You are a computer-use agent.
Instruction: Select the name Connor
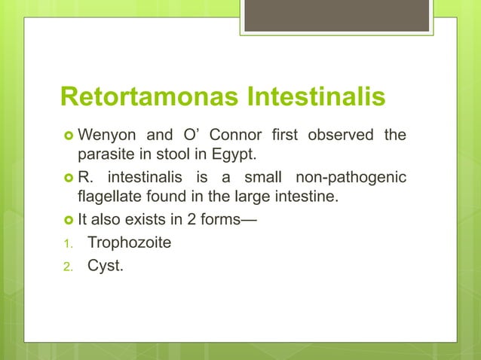coord(234,136)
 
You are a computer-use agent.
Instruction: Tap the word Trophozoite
coord(130,243)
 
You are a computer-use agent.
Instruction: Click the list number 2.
coord(66,266)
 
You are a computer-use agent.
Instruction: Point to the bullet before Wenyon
coord(66,137)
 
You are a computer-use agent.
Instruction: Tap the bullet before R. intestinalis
coord(66,178)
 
